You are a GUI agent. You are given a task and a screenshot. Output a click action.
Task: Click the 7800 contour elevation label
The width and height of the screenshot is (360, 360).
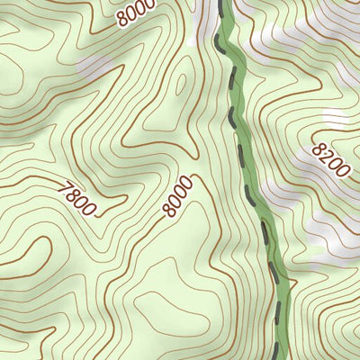76,199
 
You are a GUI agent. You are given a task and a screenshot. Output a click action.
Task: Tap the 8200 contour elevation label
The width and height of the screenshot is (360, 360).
331,160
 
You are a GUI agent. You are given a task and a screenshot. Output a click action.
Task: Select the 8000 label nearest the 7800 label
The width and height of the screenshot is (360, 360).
178,196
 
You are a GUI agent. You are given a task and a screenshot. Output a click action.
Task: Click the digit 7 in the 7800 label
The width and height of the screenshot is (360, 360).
63,189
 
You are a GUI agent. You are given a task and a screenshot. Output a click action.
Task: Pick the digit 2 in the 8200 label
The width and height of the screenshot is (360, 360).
327,155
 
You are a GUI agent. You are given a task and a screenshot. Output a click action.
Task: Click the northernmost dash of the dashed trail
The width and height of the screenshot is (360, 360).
222,7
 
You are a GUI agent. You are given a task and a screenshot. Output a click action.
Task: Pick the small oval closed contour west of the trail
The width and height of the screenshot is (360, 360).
180,85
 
